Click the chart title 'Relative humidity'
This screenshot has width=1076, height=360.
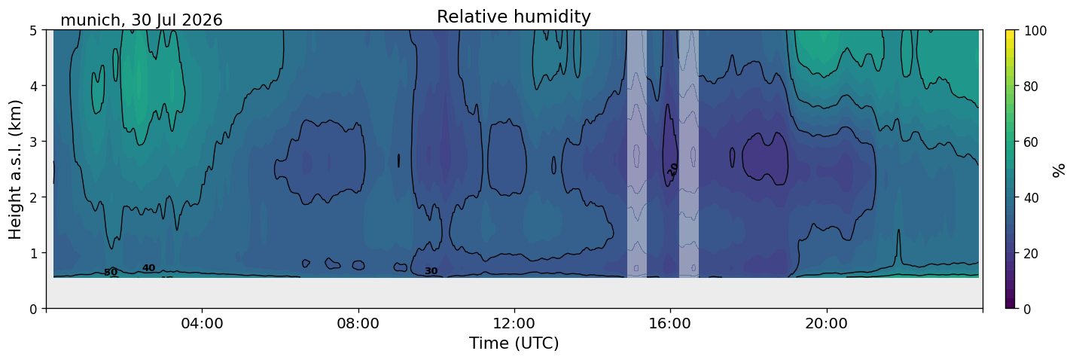click(514, 17)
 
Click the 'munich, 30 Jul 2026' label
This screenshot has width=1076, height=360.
click(142, 20)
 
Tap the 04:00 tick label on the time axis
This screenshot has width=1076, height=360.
click(203, 323)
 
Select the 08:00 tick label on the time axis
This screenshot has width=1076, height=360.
click(358, 323)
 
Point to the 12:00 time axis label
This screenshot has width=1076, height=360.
click(514, 323)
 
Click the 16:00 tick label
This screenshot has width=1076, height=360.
click(671, 323)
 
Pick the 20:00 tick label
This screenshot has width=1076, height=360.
click(827, 323)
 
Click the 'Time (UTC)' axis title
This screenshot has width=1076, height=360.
click(514, 343)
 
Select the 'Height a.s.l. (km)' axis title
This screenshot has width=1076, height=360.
click(15, 169)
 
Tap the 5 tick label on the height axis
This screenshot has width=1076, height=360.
click(33, 30)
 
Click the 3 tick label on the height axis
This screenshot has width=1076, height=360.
click(33, 142)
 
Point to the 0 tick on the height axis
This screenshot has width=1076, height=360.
click(33, 309)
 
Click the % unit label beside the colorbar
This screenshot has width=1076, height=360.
click(1058, 170)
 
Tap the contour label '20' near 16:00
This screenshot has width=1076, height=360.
click(672, 169)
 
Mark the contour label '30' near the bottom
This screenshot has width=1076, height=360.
click(431, 271)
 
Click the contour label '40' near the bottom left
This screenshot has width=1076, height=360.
click(148, 268)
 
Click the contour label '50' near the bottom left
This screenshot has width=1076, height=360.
click(111, 273)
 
